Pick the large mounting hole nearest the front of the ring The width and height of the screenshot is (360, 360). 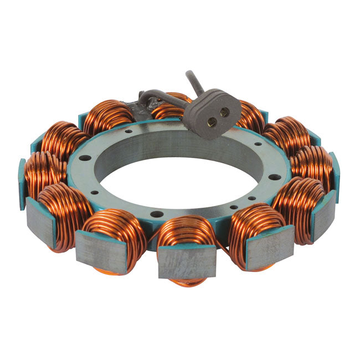pos(157,214)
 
